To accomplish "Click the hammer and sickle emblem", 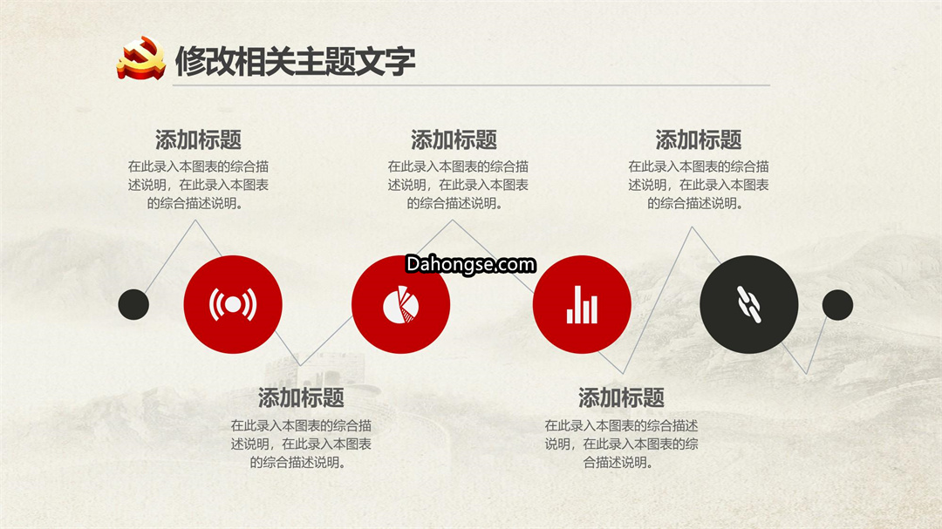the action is (x=141, y=58).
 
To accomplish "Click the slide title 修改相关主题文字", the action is (x=295, y=61).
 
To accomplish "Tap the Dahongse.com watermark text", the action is (x=470, y=264).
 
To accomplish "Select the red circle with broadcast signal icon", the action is (x=233, y=304).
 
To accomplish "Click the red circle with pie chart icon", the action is (x=400, y=304).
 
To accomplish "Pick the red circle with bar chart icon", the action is (x=582, y=304).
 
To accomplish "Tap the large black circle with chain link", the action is (x=749, y=304).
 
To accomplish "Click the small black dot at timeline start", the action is (x=133, y=304).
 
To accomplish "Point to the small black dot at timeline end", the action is (x=837, y=305).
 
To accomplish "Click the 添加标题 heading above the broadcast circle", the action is (x=198, y=140).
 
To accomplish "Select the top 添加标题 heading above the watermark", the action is (x=454, y=140).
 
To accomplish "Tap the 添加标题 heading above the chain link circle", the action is (x=699, y=140).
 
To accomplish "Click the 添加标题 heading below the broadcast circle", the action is (x=301, y=397).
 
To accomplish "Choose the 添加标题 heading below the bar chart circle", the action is (x=621, y=397).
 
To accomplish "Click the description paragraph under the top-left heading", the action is (x=198, y=185).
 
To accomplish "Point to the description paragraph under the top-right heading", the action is (x=699, y=185).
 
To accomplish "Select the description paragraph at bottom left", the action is (x=301, y=444).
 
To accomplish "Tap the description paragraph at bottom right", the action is (x=621, y=444).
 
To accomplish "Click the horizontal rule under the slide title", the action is (x=471, y=85).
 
